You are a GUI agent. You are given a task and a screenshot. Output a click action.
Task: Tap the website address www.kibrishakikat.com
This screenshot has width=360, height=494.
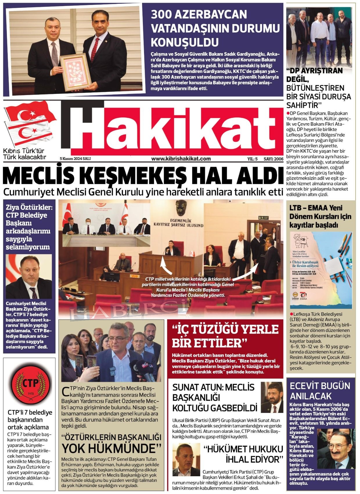(x=181, y=159)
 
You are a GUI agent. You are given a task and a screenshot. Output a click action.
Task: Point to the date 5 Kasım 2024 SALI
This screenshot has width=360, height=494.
(x=75, y=159)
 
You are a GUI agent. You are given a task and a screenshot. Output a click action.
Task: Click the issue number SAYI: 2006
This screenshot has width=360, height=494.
(x=273, y=159)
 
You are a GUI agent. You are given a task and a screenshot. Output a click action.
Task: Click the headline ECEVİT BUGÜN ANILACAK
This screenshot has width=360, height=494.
(x=320, y=391)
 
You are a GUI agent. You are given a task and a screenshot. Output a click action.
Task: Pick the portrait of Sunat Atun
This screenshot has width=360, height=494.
(x=272, y=397)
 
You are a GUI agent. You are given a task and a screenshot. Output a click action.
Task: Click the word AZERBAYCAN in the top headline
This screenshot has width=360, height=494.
(x=199, y=15)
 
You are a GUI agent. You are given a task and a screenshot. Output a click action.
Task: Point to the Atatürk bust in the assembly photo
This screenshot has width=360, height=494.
(x=181, y=207)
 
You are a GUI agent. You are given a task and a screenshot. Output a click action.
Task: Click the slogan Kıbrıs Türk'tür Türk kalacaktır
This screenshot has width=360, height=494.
(x=24, y=154)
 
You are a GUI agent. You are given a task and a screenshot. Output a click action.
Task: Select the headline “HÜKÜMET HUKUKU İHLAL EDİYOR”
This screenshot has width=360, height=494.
(x=243, y=454)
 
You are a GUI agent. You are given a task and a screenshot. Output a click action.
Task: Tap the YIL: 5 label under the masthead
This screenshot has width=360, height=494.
(x=252, y=159)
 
